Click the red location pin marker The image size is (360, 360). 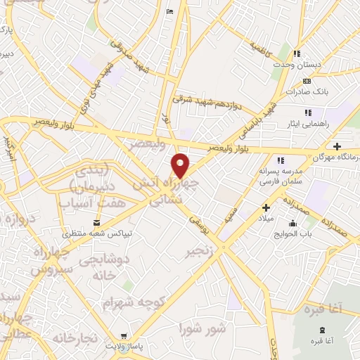point(181,165)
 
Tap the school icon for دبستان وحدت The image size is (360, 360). point(298,53)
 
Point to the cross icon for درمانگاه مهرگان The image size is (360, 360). point(337,146)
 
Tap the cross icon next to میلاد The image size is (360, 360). point(266,207)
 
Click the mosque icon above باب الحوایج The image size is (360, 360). point(294,224)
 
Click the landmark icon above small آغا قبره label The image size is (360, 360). point(322,330)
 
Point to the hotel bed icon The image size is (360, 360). point(169,11)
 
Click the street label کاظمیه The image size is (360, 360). point(259,47)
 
